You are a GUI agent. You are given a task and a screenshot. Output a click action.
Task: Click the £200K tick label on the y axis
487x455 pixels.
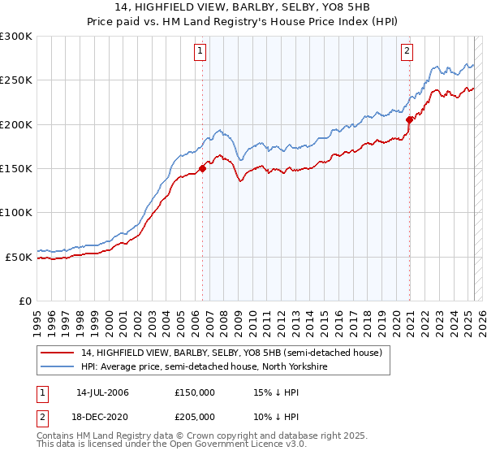click(x=15, y=124)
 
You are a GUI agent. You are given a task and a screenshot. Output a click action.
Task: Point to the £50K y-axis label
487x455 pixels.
click(x=18, y=257)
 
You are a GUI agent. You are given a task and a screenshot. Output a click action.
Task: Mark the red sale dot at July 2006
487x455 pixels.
click(x=203, y=168)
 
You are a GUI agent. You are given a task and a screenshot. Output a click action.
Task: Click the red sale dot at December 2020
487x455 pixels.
click(x=410, y=119)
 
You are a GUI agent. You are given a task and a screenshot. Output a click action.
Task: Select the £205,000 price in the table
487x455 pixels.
click(x=195, y=417)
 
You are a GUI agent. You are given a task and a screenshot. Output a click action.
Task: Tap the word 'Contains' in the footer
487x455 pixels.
click(x=57, y=436)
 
